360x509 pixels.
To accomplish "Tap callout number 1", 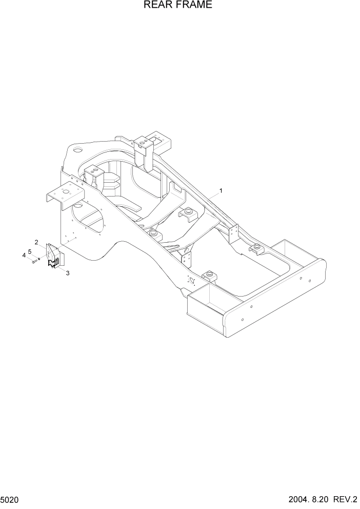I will click(221, 191).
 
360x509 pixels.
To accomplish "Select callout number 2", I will click(36, 242).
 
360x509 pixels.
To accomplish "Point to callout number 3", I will click(68, 273).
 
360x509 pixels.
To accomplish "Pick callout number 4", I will click(24, 255).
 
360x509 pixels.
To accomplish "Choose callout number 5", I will click(30, 251).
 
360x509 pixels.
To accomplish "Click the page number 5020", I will click(9, 498).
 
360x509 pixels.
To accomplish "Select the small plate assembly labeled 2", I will click(54, 257).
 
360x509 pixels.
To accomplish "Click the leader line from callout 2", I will click(43, 246).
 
